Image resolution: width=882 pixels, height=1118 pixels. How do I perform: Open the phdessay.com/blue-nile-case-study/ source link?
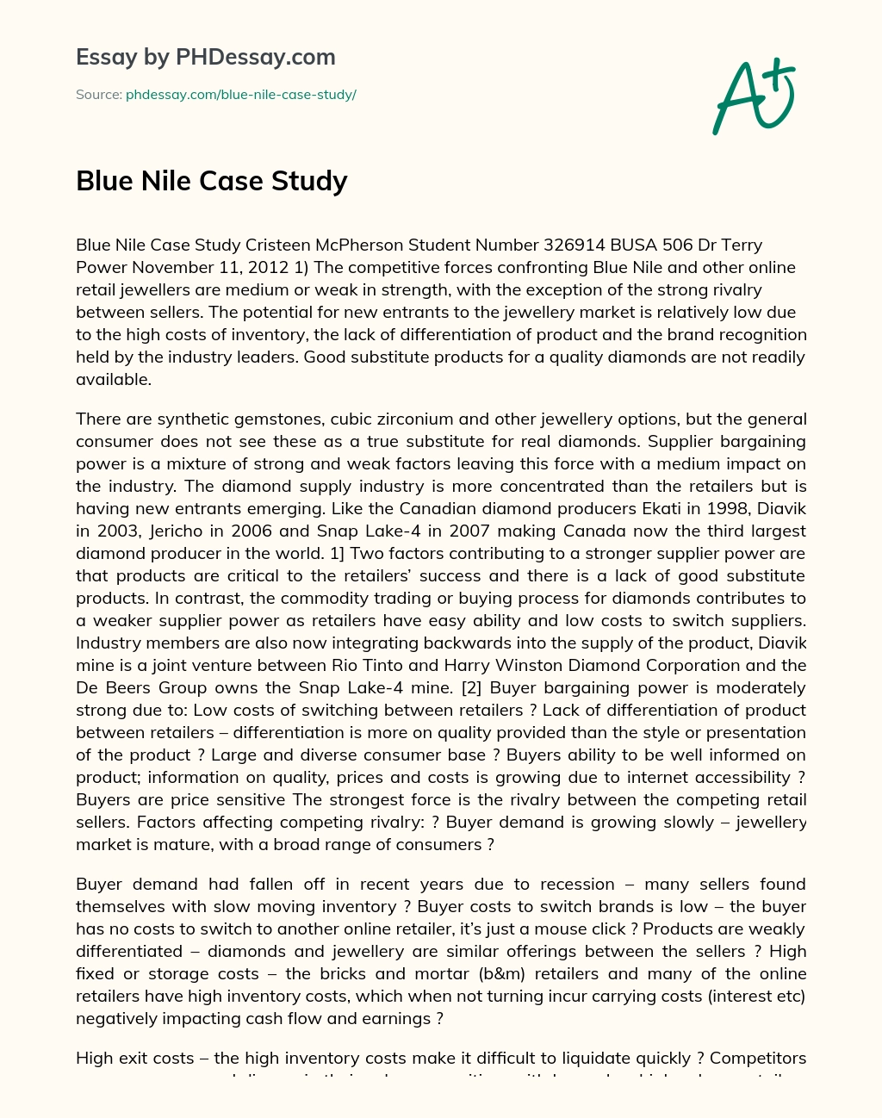[x=241, y=95]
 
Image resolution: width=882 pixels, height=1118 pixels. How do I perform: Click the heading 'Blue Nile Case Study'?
[x=212, y=181]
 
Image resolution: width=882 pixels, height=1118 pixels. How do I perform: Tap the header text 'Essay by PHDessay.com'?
[x=206, y=58]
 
